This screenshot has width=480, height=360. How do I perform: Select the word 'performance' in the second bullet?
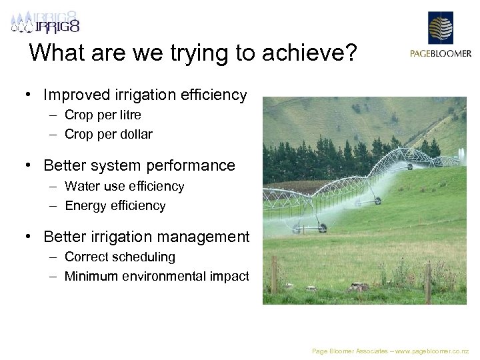tap(194, 165)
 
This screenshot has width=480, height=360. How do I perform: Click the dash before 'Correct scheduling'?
tap(52, 257)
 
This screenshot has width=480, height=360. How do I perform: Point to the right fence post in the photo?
tap(428, 280)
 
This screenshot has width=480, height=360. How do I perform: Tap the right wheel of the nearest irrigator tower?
tap(323, 228)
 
